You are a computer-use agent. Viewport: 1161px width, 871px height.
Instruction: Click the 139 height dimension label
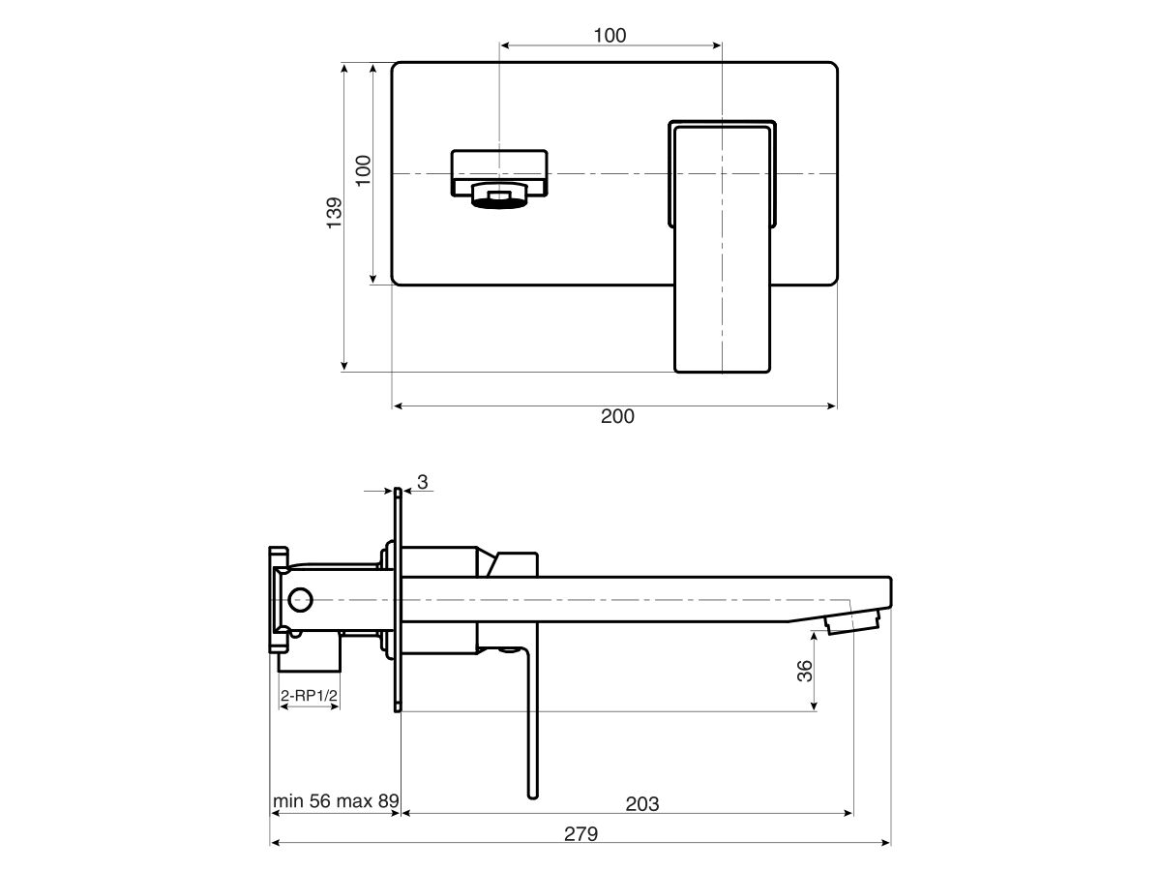click(334, 213)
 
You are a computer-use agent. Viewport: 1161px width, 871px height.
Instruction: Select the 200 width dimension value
click(617, 417)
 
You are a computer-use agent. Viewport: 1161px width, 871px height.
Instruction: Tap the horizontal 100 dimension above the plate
click(610, 36)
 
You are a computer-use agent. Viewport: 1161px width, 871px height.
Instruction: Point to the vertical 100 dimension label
click(364, 170)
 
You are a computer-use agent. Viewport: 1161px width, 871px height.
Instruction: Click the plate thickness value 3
click(422, 481)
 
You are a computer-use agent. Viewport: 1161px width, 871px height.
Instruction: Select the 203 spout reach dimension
click(641, 803)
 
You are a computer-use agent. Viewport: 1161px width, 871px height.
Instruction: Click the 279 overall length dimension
click(580, 833)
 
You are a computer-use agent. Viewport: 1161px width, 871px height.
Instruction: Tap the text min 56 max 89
click(335, 801)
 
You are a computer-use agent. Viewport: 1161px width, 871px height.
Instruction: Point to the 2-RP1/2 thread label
click(310, 695)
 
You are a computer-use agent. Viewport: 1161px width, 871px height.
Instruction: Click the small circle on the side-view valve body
click(300, 599)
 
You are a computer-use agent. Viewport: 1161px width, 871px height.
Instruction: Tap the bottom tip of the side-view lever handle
click(532, 795)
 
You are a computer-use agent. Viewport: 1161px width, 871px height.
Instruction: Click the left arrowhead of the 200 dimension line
click(397, 406)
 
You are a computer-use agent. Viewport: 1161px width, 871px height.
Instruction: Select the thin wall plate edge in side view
click(398, 600)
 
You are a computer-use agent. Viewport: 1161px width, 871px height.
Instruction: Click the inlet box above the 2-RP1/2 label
click(310, 658)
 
